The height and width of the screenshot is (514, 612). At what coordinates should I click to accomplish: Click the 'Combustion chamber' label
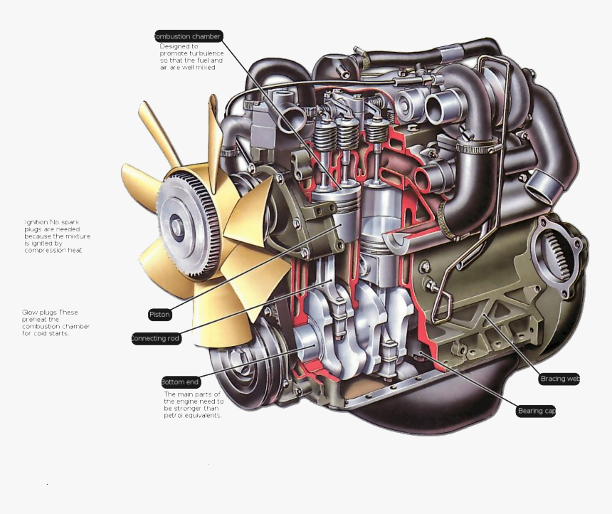(189, 36)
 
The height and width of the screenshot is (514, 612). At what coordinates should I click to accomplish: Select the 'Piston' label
(159, 314)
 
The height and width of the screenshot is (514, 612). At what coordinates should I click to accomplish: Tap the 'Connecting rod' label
(156, 339)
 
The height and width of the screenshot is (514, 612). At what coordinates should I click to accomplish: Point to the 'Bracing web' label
(559, 379)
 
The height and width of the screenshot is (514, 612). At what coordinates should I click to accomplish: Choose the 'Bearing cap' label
(537, 411)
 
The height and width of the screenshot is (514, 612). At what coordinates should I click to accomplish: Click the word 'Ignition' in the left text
(36, 222)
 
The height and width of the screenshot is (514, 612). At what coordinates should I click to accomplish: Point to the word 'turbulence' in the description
(209, 53)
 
